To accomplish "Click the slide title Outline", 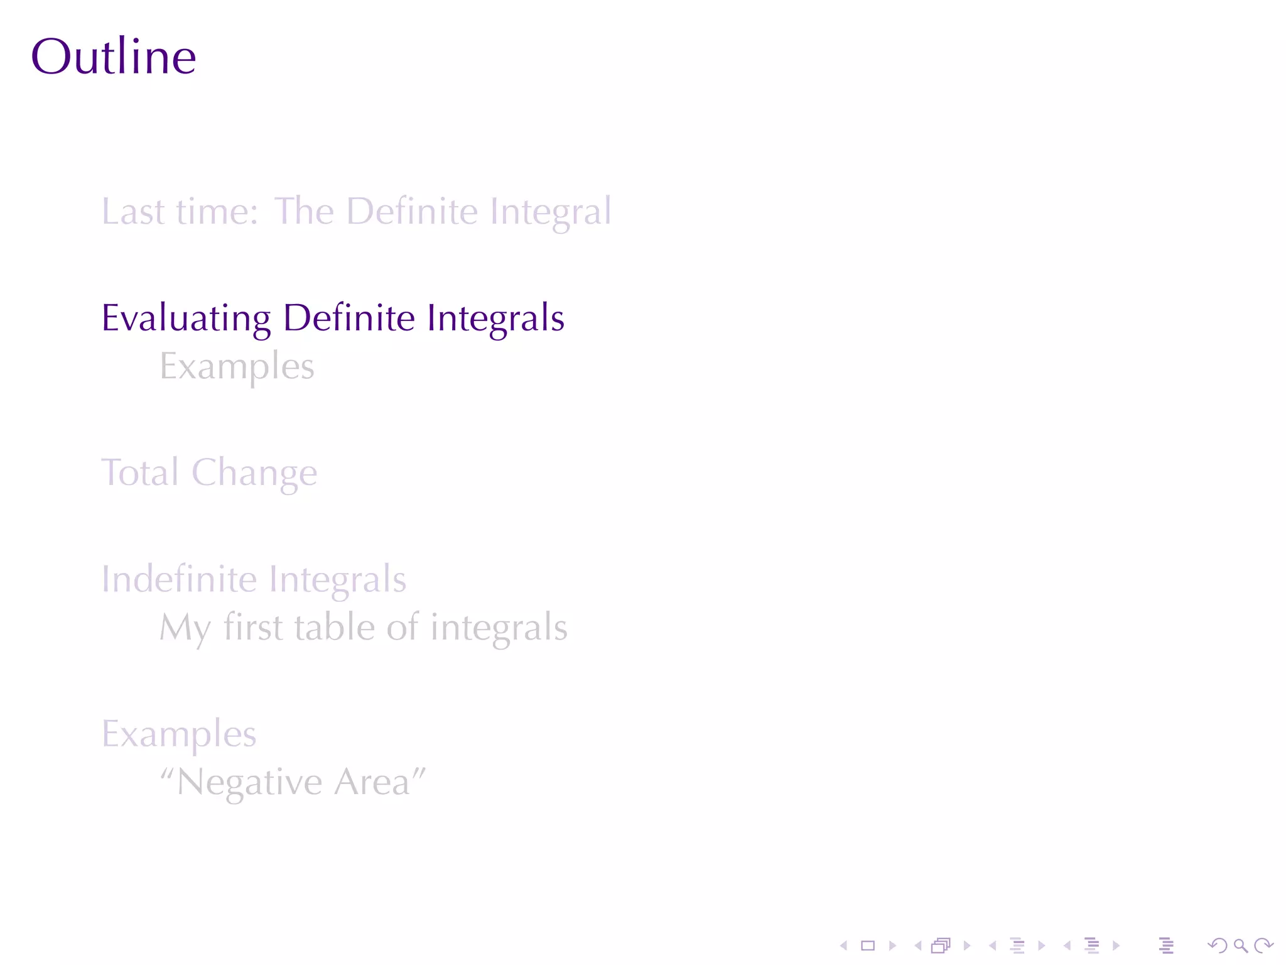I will [x=114, y=57].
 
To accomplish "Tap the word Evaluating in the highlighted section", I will [x=186, y=318].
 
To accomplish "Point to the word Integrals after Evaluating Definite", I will [x=495, y=318].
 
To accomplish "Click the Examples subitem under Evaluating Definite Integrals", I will [x=237, y=367].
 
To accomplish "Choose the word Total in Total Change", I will [x=140, y=472].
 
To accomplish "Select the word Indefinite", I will [x=179, y=579].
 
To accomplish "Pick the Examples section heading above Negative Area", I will [x=179, y=734].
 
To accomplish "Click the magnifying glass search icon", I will [x=1240, y=945].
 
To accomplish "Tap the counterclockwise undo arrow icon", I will [x=1218, y=945].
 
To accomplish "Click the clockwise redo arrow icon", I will [x=1263, y=945].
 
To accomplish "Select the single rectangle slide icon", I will [x=868, y=945].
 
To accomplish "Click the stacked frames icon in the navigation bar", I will [x=941, y=945].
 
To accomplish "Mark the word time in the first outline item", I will [x=217, y=211].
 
